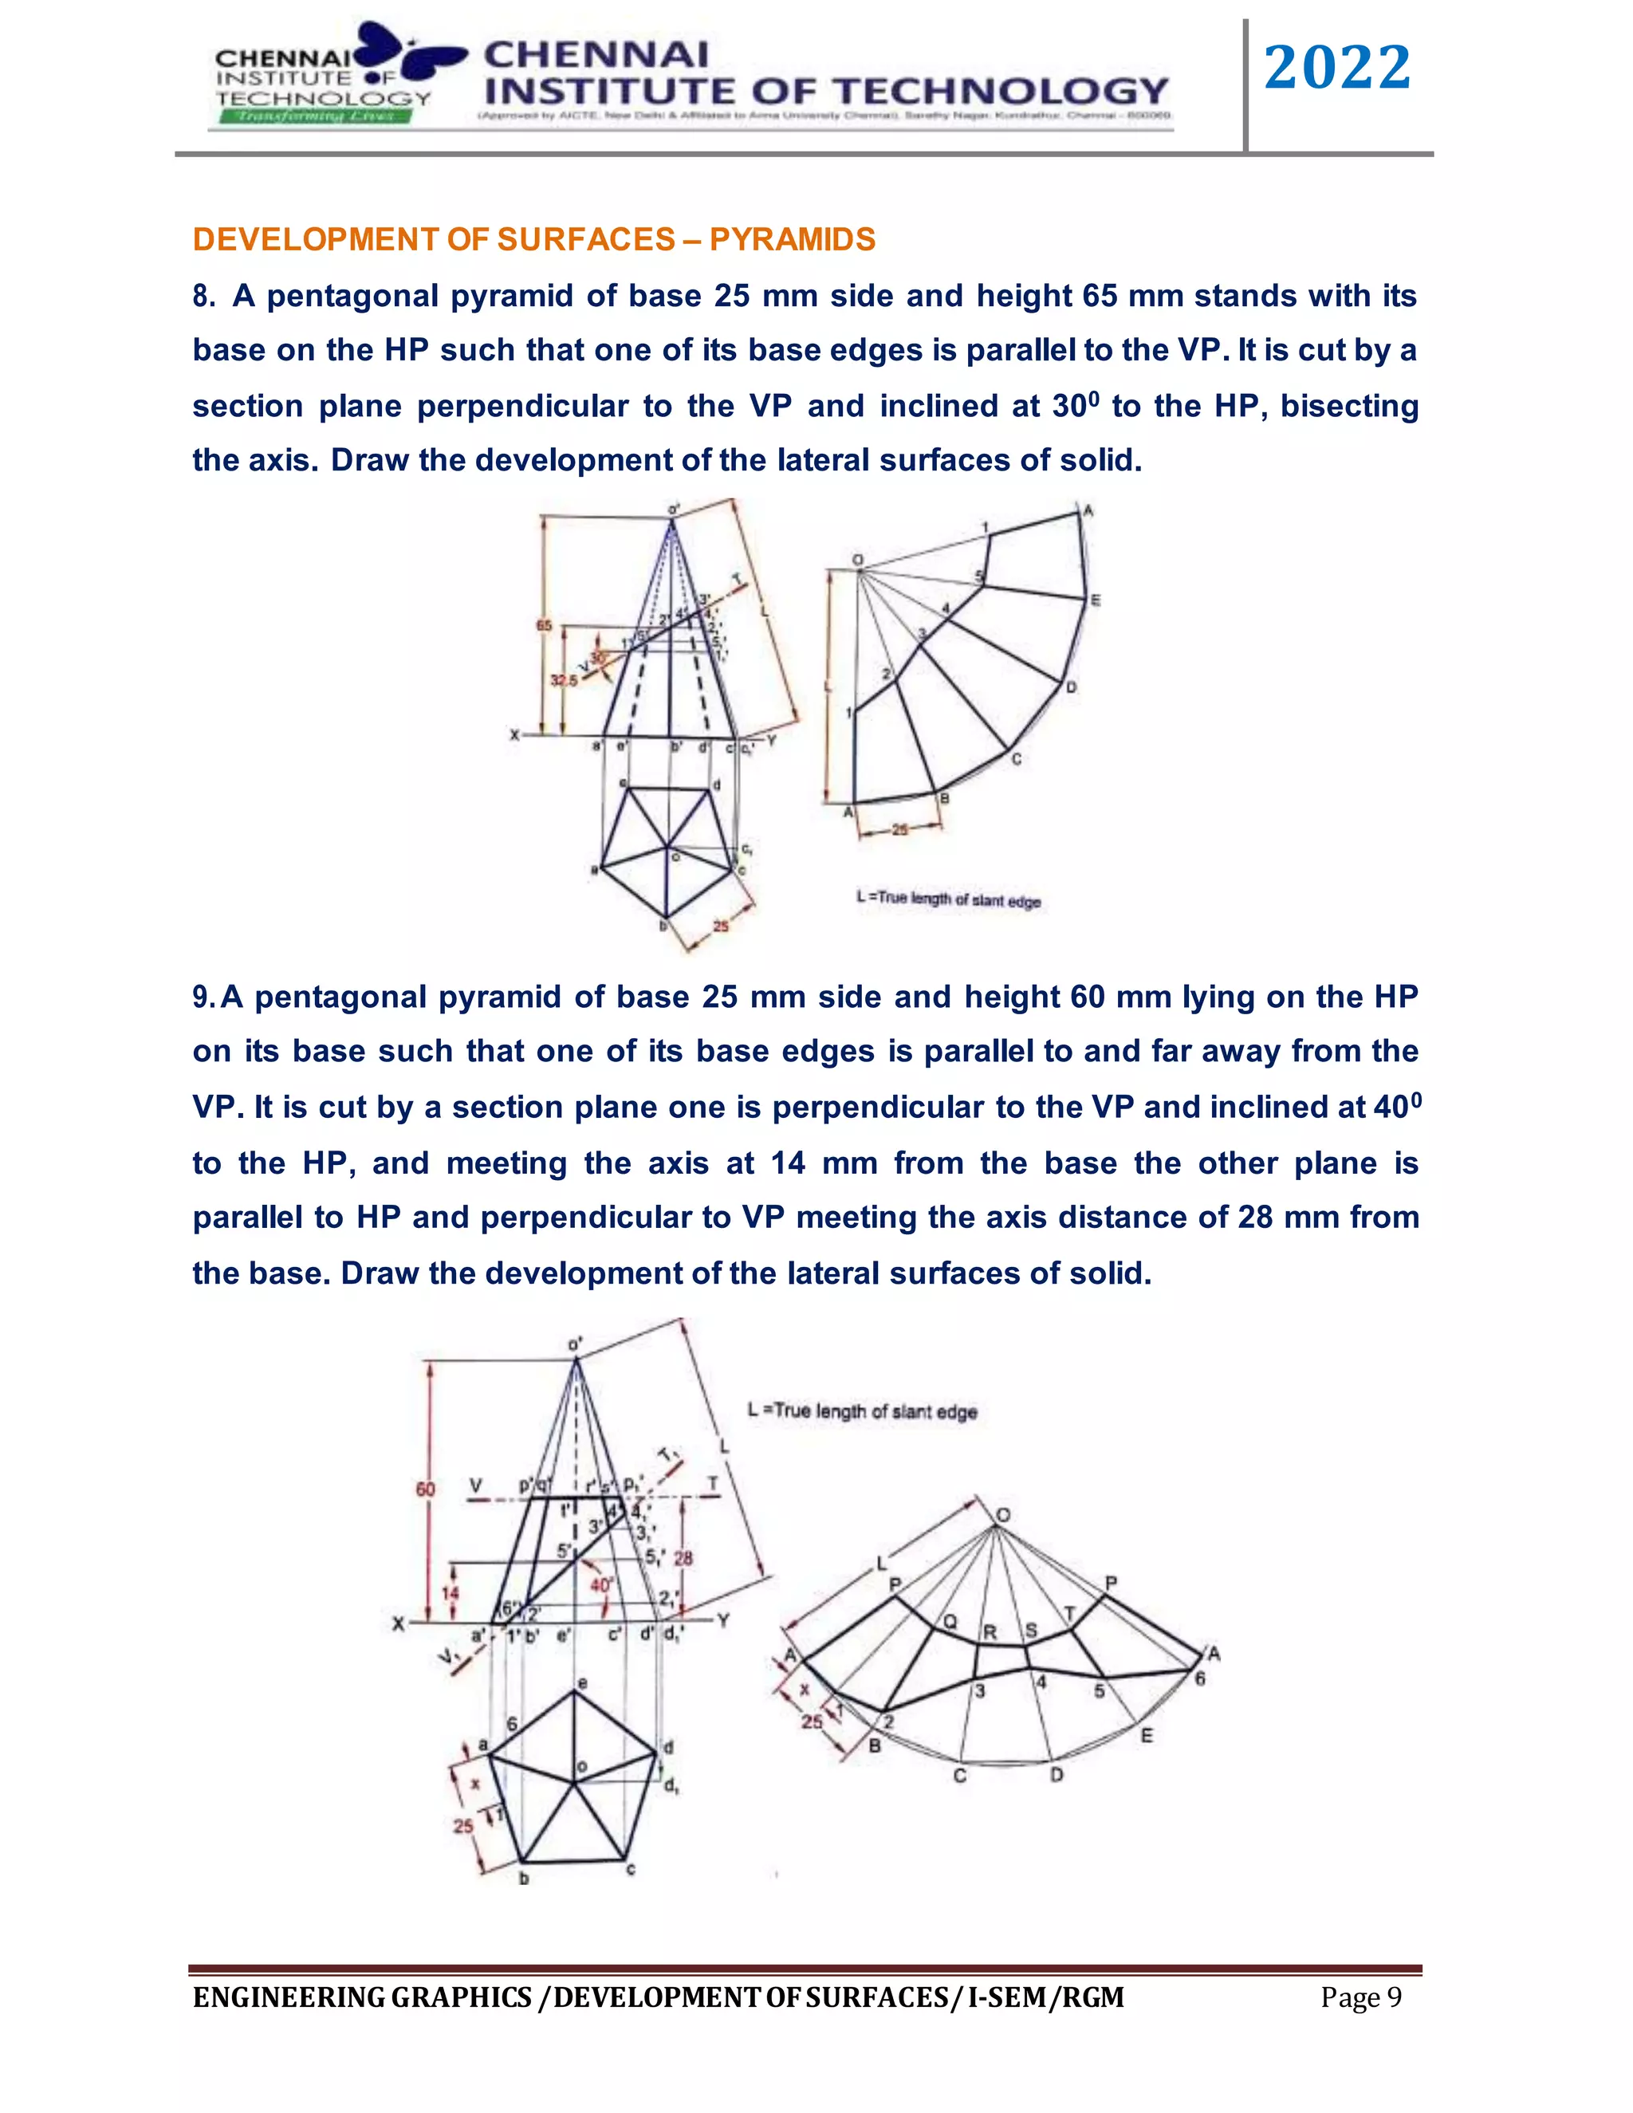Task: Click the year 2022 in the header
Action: pos(1337,69)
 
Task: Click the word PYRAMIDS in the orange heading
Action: pos(793,239)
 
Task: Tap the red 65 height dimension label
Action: pos(544,626)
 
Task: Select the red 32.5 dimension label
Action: pos(563,680)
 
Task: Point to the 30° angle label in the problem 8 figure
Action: pos(598,658)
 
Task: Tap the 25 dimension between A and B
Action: pos(899,829)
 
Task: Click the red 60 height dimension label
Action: pos(426,1489)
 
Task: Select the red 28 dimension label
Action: pos(683,1559)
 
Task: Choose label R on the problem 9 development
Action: pos(990,1632)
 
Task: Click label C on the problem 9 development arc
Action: pos(960,1776)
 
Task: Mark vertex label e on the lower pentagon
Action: pos(581,1683)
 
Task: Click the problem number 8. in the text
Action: pos(203,296)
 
